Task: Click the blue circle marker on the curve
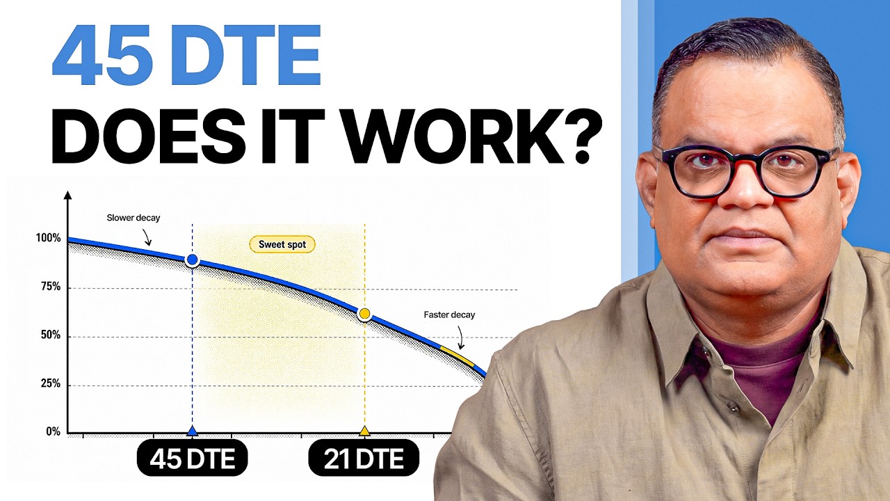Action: (x=193, y=260)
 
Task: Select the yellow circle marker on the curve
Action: (x=364, y=314)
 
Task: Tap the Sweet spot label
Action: (x=282, y=244)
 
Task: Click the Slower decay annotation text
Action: (x=133, y=218)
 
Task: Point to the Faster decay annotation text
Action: (x=449, y=315)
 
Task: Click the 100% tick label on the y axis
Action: (x=49, y=238)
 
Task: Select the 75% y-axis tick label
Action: (x=51, y=286)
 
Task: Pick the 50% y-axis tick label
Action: (x=51, y=335)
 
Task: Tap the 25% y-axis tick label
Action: (x=51, y=383)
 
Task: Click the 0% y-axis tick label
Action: (x=54, y=431)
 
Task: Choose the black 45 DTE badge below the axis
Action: (x=193, y=458)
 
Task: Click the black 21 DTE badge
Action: (x=364, y=458)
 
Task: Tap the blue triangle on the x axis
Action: (x=193, y=431)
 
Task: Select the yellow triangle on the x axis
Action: (x=364, y=431)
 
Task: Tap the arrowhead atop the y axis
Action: (x=68, y=195)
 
